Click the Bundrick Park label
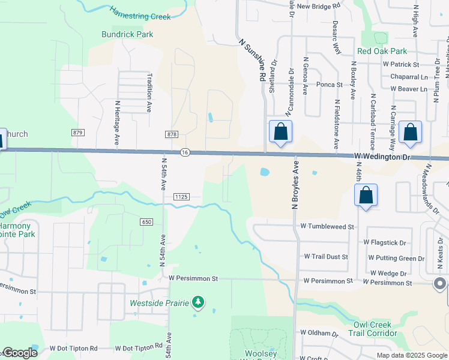point(127,34)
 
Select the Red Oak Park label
point(382,52)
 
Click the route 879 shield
point(77,133)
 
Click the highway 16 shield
point(185,153)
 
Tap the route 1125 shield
point(181,196)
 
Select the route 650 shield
point(146,222)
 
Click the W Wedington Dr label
point(381,156)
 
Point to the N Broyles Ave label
point(295,185)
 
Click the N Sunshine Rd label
point(252,61)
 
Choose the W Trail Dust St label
point(325,257)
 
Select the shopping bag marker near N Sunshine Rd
point(280,132)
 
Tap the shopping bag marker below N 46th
point(366,196)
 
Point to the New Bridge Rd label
point(318,6)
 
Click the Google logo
point(19,353)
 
